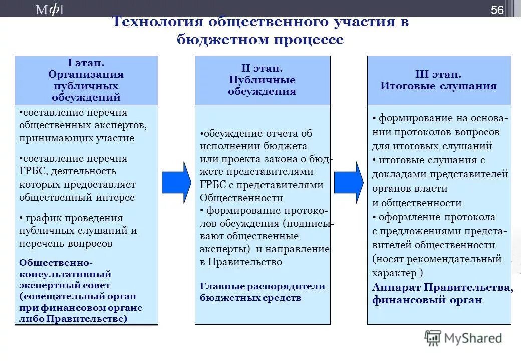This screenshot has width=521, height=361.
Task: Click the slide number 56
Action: click(x=497, y=10)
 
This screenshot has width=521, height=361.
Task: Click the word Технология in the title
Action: click(x=156, y=23)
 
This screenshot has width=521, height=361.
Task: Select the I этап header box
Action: click(x=86, y=80)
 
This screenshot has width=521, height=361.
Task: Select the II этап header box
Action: click(x=262, y=80)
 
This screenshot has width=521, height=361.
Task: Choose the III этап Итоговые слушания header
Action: click(x=439, y=80)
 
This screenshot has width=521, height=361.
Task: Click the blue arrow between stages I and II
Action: click(x=176, y=182)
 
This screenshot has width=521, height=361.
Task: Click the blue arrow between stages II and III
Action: click(x=349, y=182)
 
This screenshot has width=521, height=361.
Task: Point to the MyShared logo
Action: click(x=463, y=338)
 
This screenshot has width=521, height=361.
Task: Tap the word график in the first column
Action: click(x=42, y=218)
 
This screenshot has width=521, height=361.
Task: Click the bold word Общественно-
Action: click(x=56, y=262)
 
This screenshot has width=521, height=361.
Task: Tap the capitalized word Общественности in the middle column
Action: click(x=241, y=198)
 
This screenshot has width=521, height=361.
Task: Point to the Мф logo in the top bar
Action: click(x=49, y=10)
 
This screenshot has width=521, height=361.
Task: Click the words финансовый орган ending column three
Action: click(x=427, y=300)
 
